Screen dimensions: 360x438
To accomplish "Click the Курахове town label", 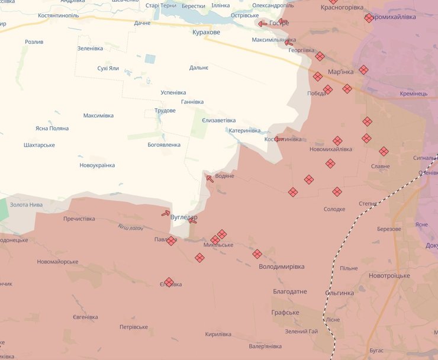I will [x=206, y=32].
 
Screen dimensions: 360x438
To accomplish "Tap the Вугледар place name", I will [x=183, y=218].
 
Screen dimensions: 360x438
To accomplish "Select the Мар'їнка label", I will [x=340, y=72].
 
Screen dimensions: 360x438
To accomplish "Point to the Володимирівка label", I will [x=282, y=267].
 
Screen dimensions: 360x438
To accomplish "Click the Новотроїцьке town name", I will [x=389, y=276].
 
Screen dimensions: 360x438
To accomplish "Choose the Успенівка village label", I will [x=173, y=92].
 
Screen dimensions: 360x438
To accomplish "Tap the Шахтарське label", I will [x=39, y=145].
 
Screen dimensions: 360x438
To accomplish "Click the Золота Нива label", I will [x=26, y=205].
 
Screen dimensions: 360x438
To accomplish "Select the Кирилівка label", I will [x=218, y=334].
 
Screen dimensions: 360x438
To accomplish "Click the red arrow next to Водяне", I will [x=210, y=178].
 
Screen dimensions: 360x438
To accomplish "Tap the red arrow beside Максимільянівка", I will [x=289, y=42].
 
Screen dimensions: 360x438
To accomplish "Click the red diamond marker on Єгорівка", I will [x=169, y=282].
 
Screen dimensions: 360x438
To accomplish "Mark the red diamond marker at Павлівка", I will [x=171, y=240].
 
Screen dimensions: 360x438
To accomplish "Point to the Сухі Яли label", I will [x=108, y=68].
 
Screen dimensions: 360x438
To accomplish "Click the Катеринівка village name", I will [x=244, y=130].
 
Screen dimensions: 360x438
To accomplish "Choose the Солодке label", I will [x=334, y=209].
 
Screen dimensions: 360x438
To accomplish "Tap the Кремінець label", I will [x=413, y=94].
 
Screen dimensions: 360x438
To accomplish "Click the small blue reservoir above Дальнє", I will [x=150, y=59].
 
